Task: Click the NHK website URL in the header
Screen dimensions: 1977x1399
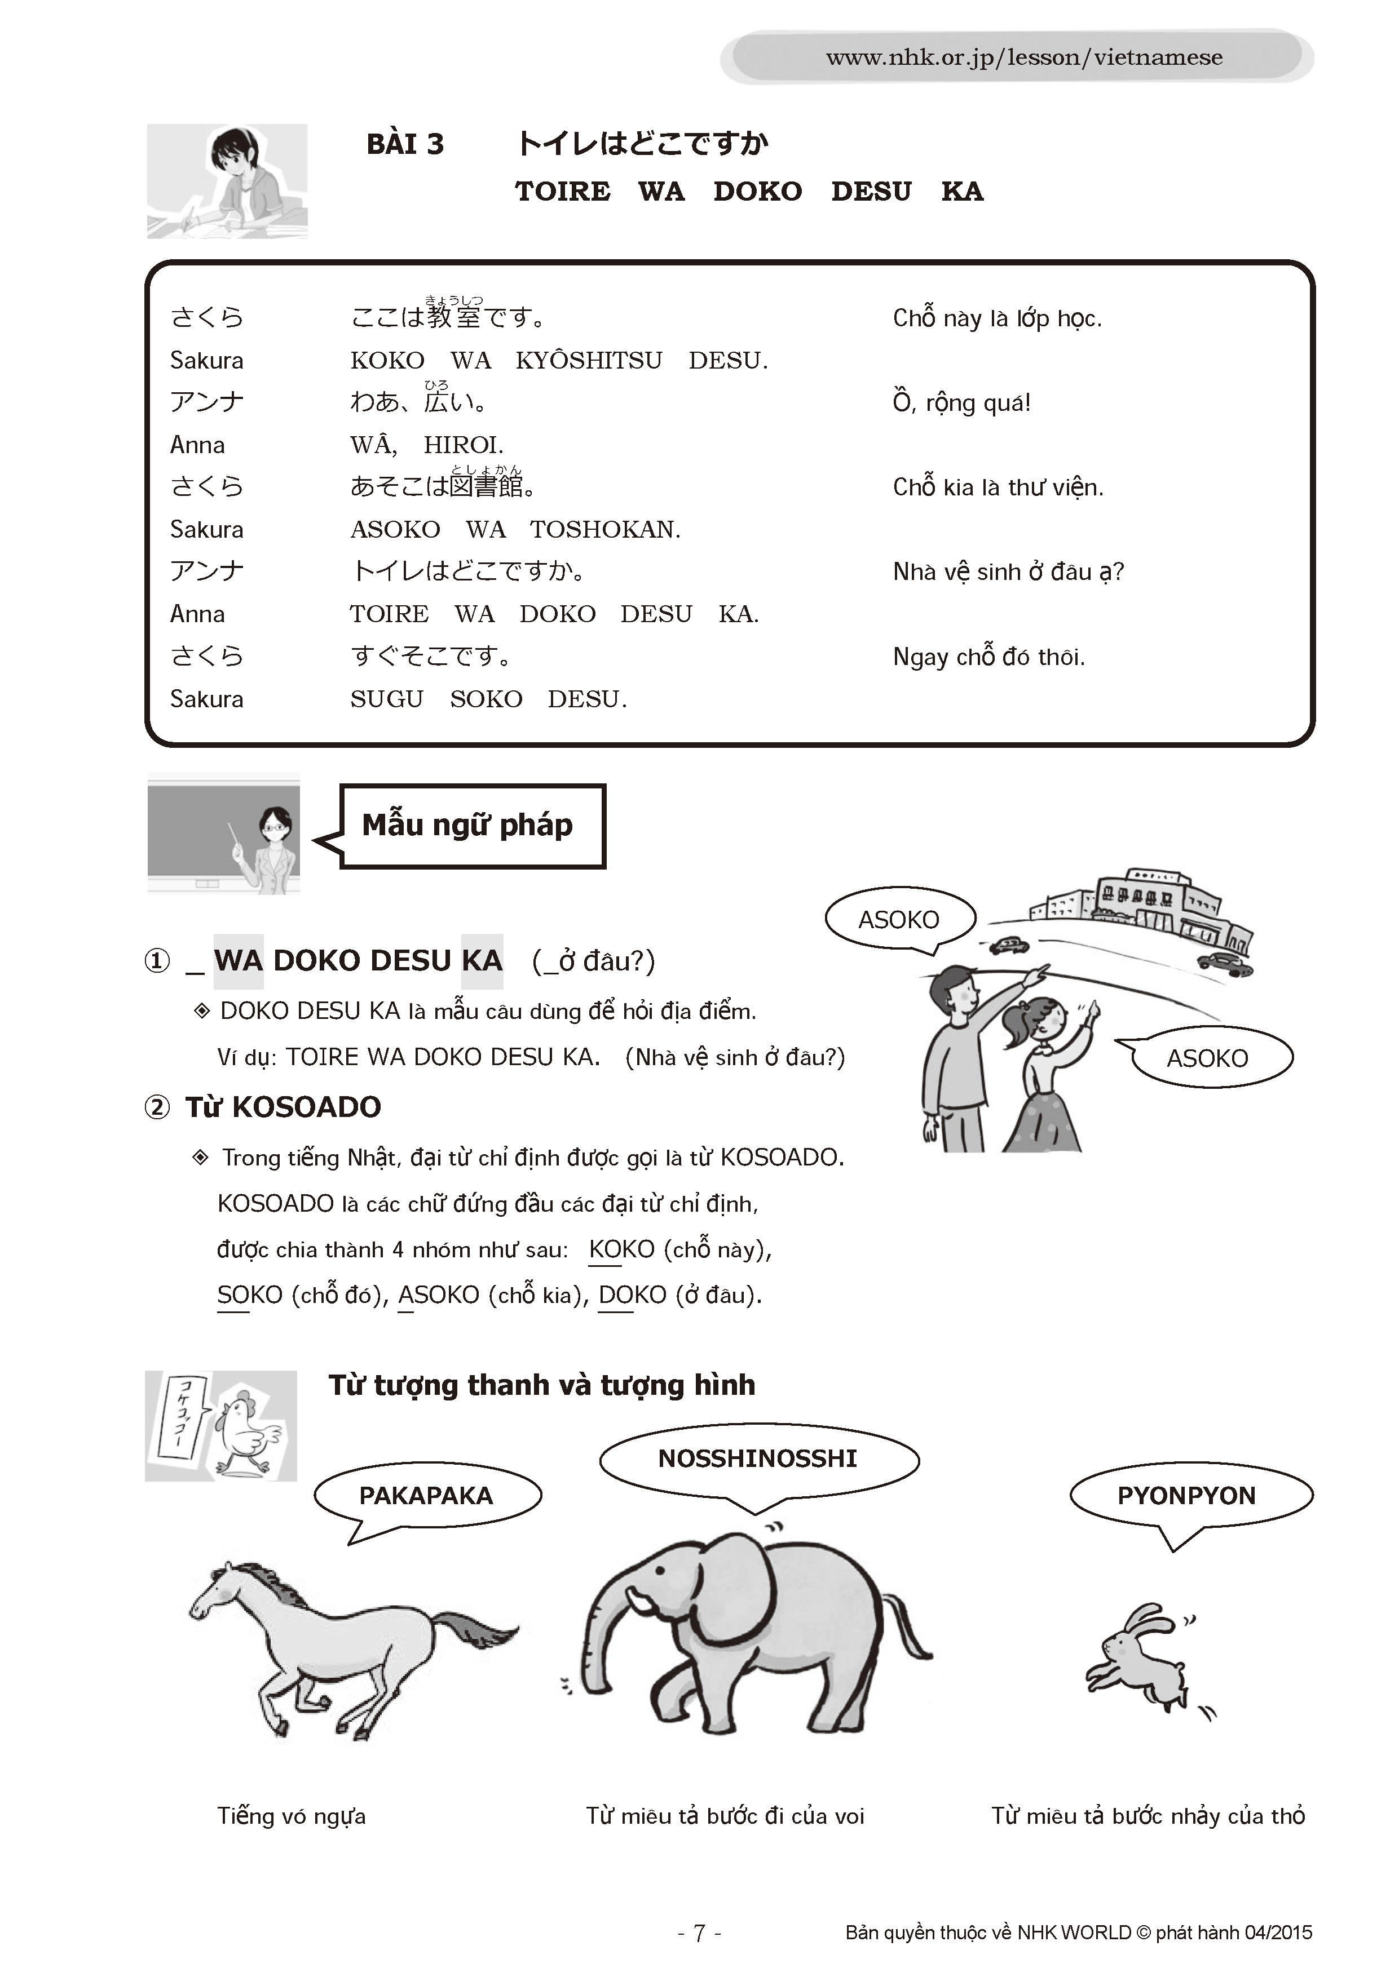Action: pyautogui.click(x=1023, y=57)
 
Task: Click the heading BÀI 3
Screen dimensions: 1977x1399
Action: pyautogui.click(x=405, y=144)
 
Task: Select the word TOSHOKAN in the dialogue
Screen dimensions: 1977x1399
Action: pyautogui.click(x=604, y=530)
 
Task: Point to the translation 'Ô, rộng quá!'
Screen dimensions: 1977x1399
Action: pyautogui.click(x=961, y=403)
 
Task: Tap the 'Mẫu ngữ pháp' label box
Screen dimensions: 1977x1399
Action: pyautogui.click(x=472, y=825)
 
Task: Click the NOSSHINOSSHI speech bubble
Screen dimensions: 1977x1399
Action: pyautogui.click(x=758, y=1458)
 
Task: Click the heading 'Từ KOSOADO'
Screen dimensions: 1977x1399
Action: pyautogui.click(x=283, y=1107)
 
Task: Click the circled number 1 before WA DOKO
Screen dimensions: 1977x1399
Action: pyautogui.click(x=157, y=961)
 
